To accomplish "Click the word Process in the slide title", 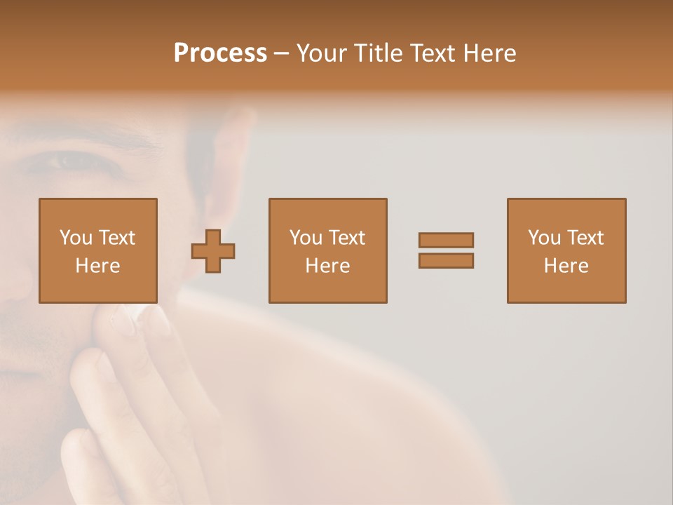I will [x=220, y=53].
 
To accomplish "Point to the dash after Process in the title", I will [x=281, y=54].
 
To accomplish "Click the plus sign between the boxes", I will [x=213, y=251].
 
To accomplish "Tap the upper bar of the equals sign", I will [x=446, y=240].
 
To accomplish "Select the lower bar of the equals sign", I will [x=446, y=261].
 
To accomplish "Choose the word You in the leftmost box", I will [x=75, y=238].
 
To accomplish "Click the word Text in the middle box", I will [x=346, y=238].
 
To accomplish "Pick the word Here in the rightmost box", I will [x=566, y=266].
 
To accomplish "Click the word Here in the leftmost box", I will [x=97, y=266].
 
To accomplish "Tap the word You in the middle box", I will [x=306, y=238].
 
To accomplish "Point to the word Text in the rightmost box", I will [x=584, y=238].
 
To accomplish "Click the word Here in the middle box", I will [x=327, y=266].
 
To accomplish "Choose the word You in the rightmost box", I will [x=544, y=238].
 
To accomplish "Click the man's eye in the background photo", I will [x=70, y=161].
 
